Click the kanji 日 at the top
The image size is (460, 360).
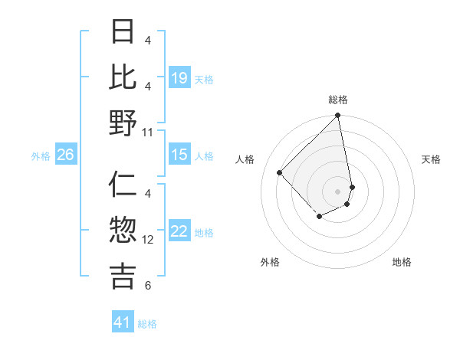pos(123,31)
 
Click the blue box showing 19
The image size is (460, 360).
pos(179,78)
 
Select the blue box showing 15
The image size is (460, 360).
pos(179,155)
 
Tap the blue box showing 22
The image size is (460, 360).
pos(179,232)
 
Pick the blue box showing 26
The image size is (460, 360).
pos(65,155)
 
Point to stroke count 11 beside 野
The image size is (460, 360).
pos(148,132)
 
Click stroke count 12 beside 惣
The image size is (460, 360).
pos(148,239)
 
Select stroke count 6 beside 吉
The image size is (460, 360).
pos(148,286)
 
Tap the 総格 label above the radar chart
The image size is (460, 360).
pos(338,100)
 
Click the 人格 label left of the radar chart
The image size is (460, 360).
pos(245,159)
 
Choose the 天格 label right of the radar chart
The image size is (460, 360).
pos(431,159)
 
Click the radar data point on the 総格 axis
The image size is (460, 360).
pos(338,116)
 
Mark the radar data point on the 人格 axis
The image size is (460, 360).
pos(280,172)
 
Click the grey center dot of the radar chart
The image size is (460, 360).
pos(338,191)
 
